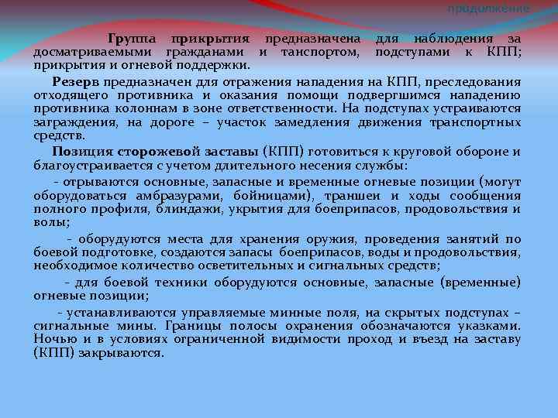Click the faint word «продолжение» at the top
click(x=489, y=8)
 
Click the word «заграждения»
click(x=71, y=122)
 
